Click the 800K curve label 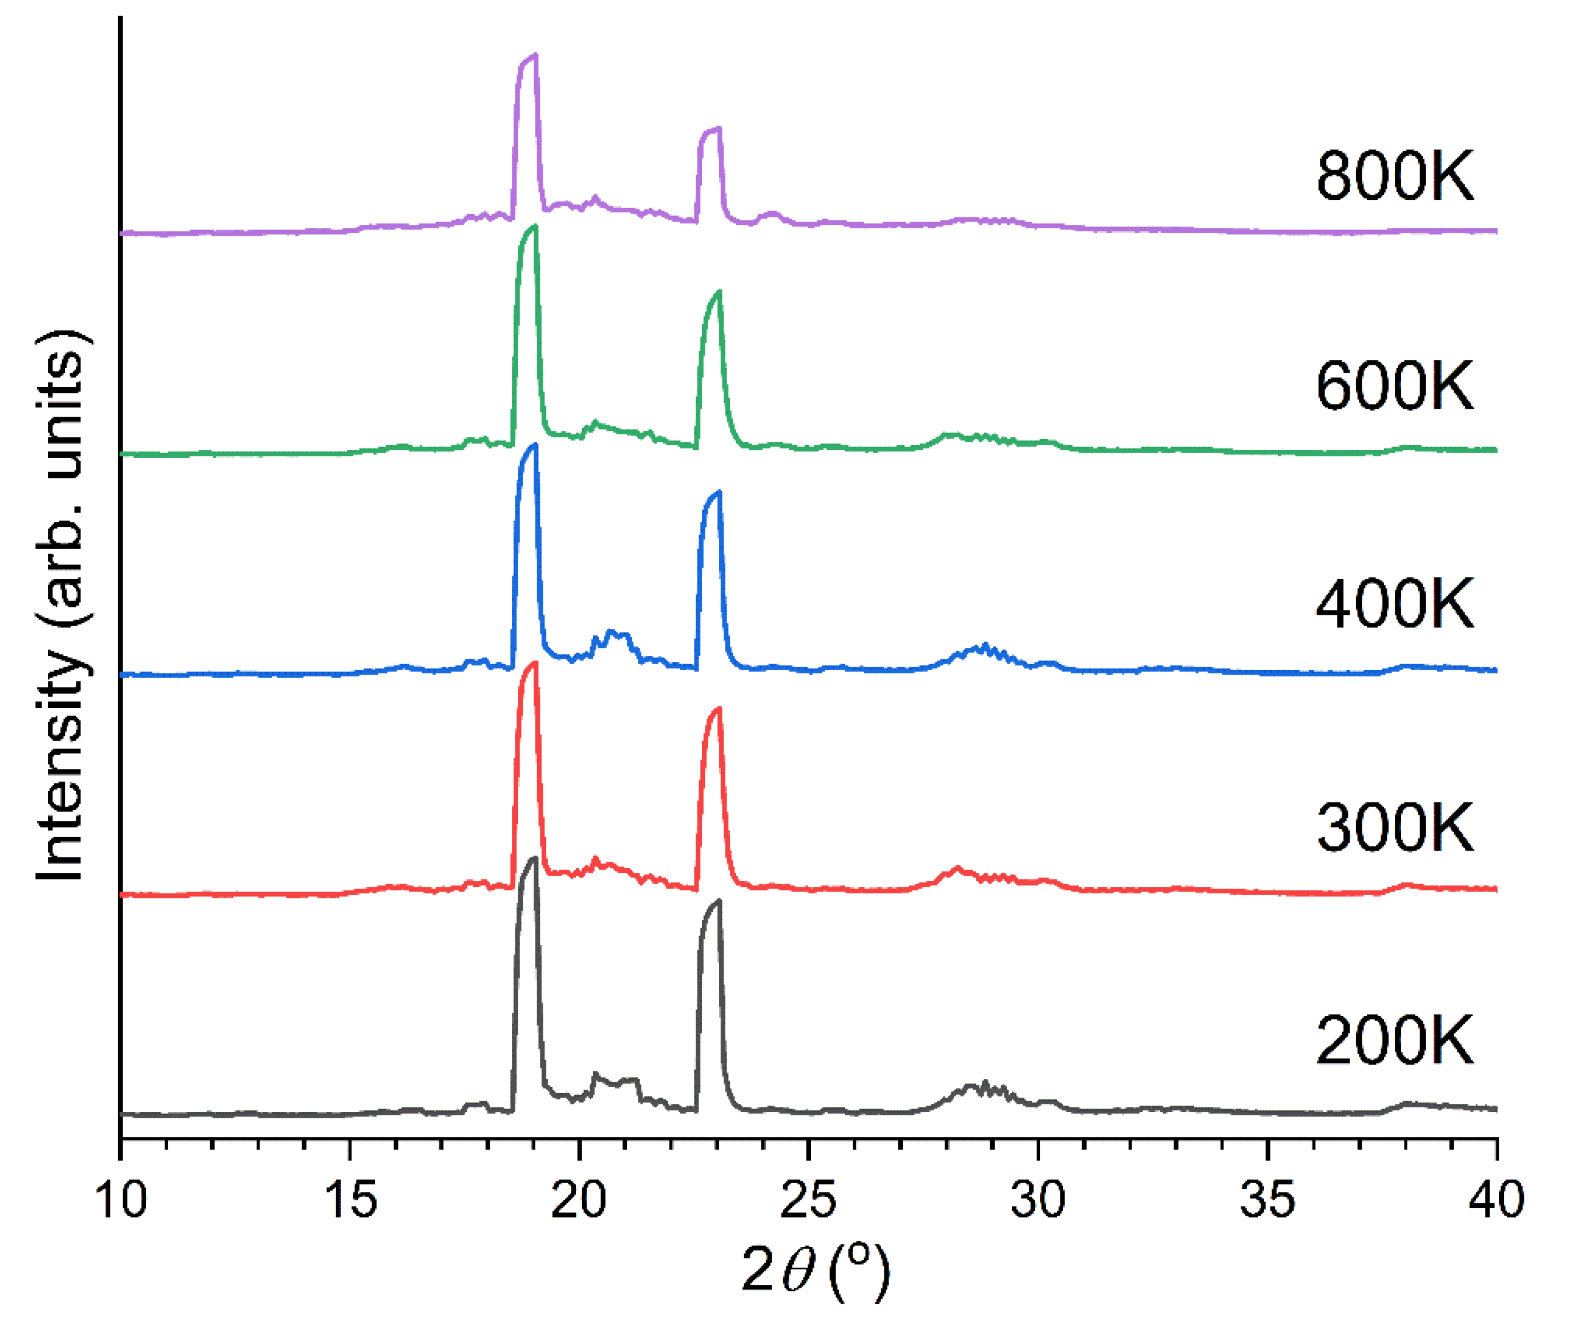1394,176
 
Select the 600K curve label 1394,386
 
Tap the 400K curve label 1394,603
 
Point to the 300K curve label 1394,828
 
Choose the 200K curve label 1394,1041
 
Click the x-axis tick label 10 121,1200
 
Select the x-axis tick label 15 350,1200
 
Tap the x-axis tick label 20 579,1200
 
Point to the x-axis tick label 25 809,1200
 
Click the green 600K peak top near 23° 719,292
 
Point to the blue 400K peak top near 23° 719,493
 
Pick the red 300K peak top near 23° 719,709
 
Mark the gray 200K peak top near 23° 719,901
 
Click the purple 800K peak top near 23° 719,128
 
